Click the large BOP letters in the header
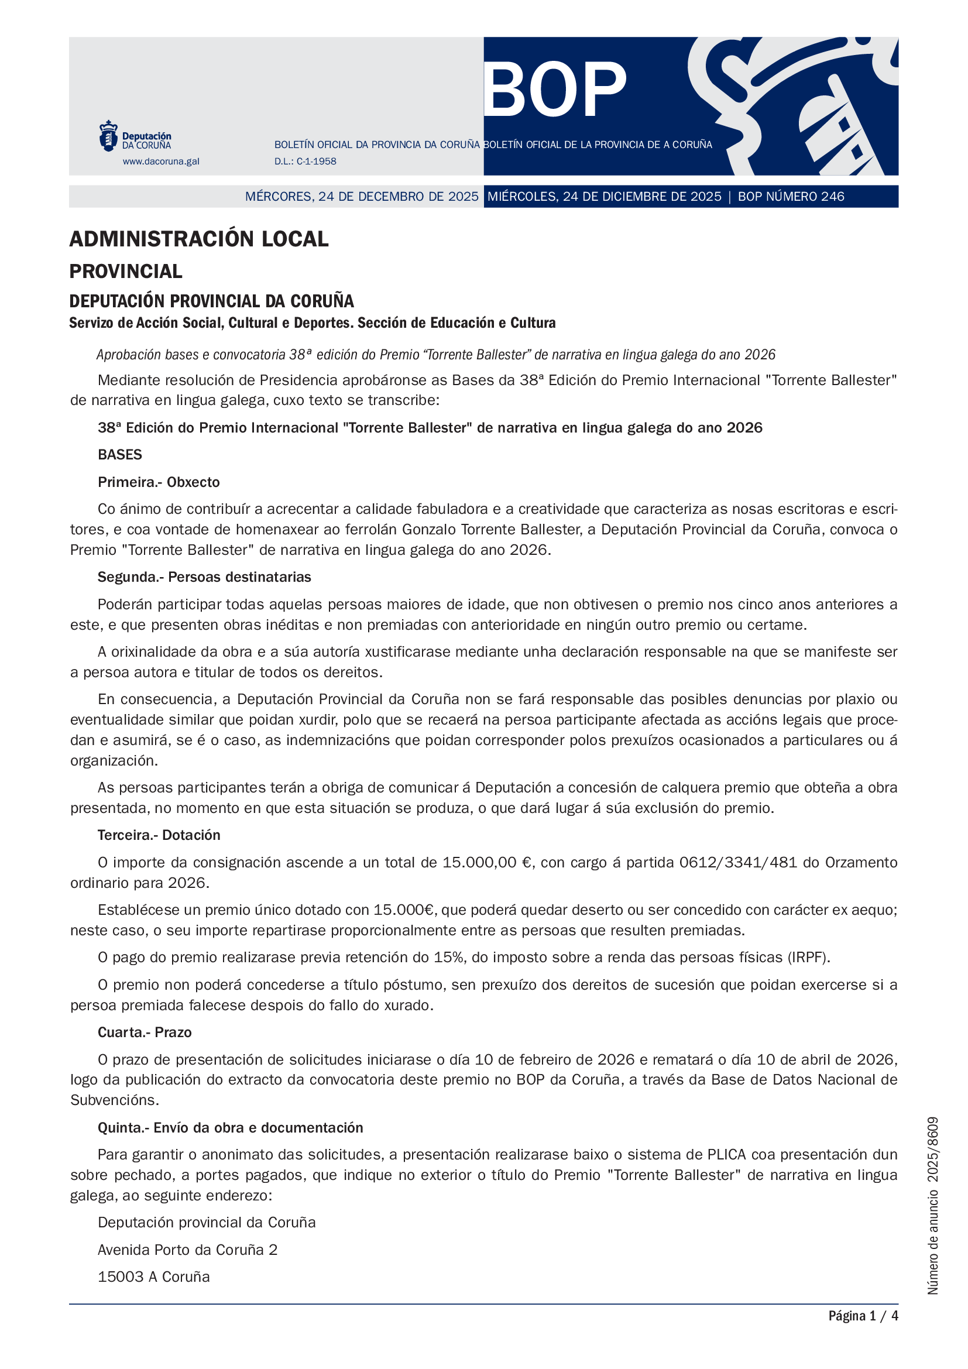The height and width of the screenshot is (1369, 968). tap(555, 90)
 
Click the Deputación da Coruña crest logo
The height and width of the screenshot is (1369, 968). tap(108, 135)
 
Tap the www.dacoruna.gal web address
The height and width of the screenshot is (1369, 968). tap(161, 161)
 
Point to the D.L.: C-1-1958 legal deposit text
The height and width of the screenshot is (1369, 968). tap(305, 161)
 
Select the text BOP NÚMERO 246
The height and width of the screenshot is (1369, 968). tap(791, 196)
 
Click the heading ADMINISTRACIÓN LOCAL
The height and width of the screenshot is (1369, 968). tap(199, 239)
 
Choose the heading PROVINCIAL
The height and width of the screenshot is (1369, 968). tap(126, 272)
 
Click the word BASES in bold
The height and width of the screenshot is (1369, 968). tap(120, 454)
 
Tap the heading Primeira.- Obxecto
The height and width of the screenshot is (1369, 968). tap(159, 482)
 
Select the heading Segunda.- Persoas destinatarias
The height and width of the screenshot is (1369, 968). tap(204, 577)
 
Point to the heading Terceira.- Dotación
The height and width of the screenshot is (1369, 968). tap(159, 835)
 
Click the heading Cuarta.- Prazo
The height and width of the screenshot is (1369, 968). tap(145, 1032)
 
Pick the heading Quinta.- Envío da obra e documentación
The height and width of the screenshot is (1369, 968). tap(231, 1127)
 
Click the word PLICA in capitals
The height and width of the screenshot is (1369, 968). tap(726, 1154)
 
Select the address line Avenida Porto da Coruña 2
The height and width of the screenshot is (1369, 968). tap(188, 1250)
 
